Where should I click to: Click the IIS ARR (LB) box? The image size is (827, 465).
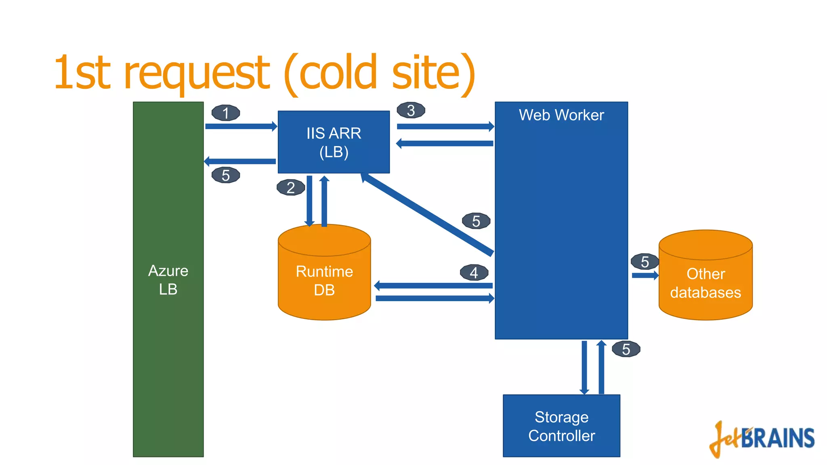334,142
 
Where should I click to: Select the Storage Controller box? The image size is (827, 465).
561,426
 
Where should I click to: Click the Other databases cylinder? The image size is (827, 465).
705,283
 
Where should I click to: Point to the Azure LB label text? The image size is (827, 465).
168,280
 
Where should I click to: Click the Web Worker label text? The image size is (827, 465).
561,115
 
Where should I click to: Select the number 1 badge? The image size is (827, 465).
226,113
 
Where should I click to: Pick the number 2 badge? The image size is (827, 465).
291,188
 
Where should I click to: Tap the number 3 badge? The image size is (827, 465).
411,110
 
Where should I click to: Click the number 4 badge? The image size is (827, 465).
474,273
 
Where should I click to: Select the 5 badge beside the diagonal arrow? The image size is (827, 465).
476,221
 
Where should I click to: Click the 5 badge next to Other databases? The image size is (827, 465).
645,262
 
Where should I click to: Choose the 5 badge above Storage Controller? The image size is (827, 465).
626,349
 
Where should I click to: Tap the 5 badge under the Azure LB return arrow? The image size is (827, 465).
226,175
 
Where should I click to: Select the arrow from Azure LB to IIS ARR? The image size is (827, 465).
241,126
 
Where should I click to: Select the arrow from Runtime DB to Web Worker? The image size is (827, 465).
434,299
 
